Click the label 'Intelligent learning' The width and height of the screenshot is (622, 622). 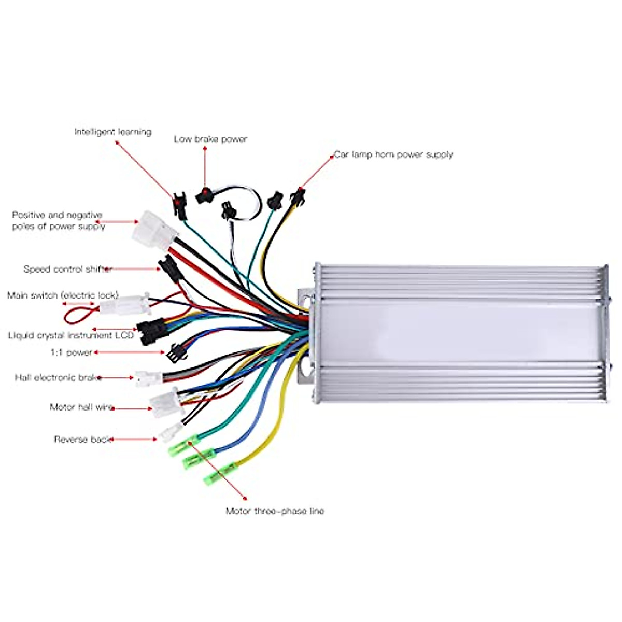point(112,132)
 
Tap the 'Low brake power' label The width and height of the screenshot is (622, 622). point(210,139)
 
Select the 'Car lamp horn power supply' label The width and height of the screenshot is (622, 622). point(393,154)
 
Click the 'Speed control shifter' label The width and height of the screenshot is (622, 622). point(68,269)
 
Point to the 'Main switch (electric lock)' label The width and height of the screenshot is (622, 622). point(63,295)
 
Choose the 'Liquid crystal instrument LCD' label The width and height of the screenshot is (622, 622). point(71,335)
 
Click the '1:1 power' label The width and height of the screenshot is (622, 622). point(71,352)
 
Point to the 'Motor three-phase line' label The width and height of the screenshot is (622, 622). point(275,511)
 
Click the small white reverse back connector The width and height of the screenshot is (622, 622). point(171,431)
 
